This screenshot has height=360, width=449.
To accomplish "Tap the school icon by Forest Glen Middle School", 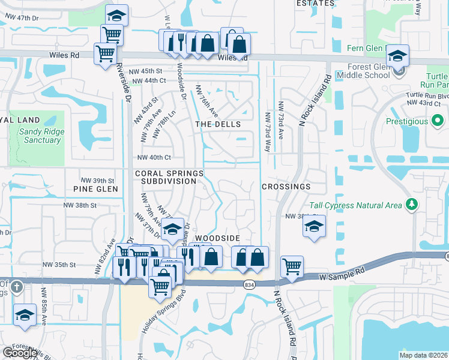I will (x=397, y=56).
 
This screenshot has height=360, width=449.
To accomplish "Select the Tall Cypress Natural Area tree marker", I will (x=411, y=205).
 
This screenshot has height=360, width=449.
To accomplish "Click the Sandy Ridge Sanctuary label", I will (x=40, y=136).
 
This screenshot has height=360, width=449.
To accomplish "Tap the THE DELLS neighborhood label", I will (x=218, y=124).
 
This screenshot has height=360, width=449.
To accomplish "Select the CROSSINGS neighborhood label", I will (x=286, y=187).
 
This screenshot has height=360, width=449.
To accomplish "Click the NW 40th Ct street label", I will (x=154, y=158).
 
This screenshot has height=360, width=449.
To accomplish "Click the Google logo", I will (x=20, y=353).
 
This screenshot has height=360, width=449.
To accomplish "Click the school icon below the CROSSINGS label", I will (x=313, y=227).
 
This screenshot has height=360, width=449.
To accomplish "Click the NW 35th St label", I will (x=59, y=264).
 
